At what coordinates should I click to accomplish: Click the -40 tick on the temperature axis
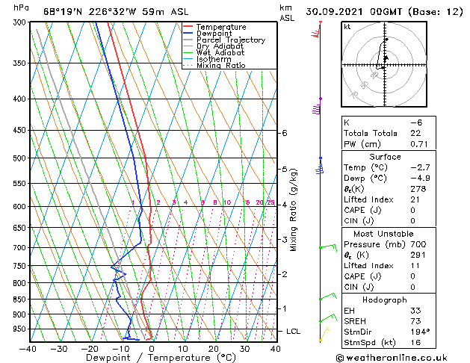point(28,348)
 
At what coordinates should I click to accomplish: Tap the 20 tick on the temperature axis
point(214,348)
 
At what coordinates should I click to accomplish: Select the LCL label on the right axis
point(294,331)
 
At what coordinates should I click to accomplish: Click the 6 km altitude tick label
point(285,133)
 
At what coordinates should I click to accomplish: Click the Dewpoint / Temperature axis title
point(152,358)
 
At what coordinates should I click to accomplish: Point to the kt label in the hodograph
point(347,27)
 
